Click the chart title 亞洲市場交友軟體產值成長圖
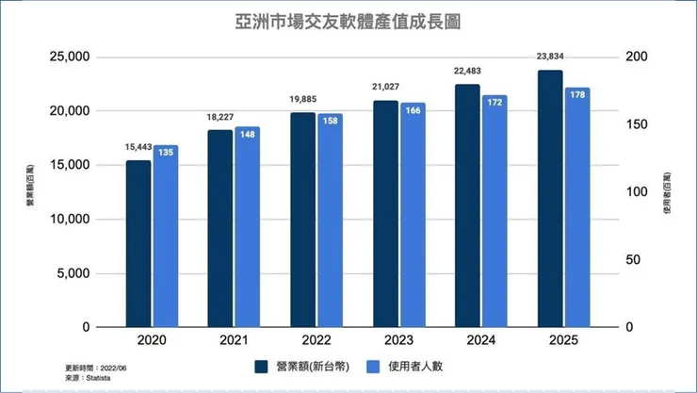pos(348,19)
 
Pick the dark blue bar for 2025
pos(549,198)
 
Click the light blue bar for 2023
pos(413,215)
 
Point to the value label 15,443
pos(138,147)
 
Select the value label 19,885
pos(303,100)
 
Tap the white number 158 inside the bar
pos(331,121)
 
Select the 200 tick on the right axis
pos(638,57)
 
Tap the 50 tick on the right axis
pos(634,260)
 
